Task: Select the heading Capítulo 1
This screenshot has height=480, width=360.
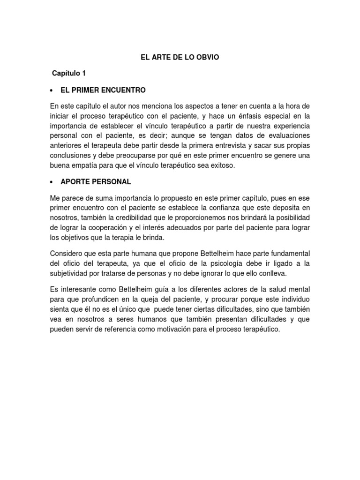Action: [x=69, y=74]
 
